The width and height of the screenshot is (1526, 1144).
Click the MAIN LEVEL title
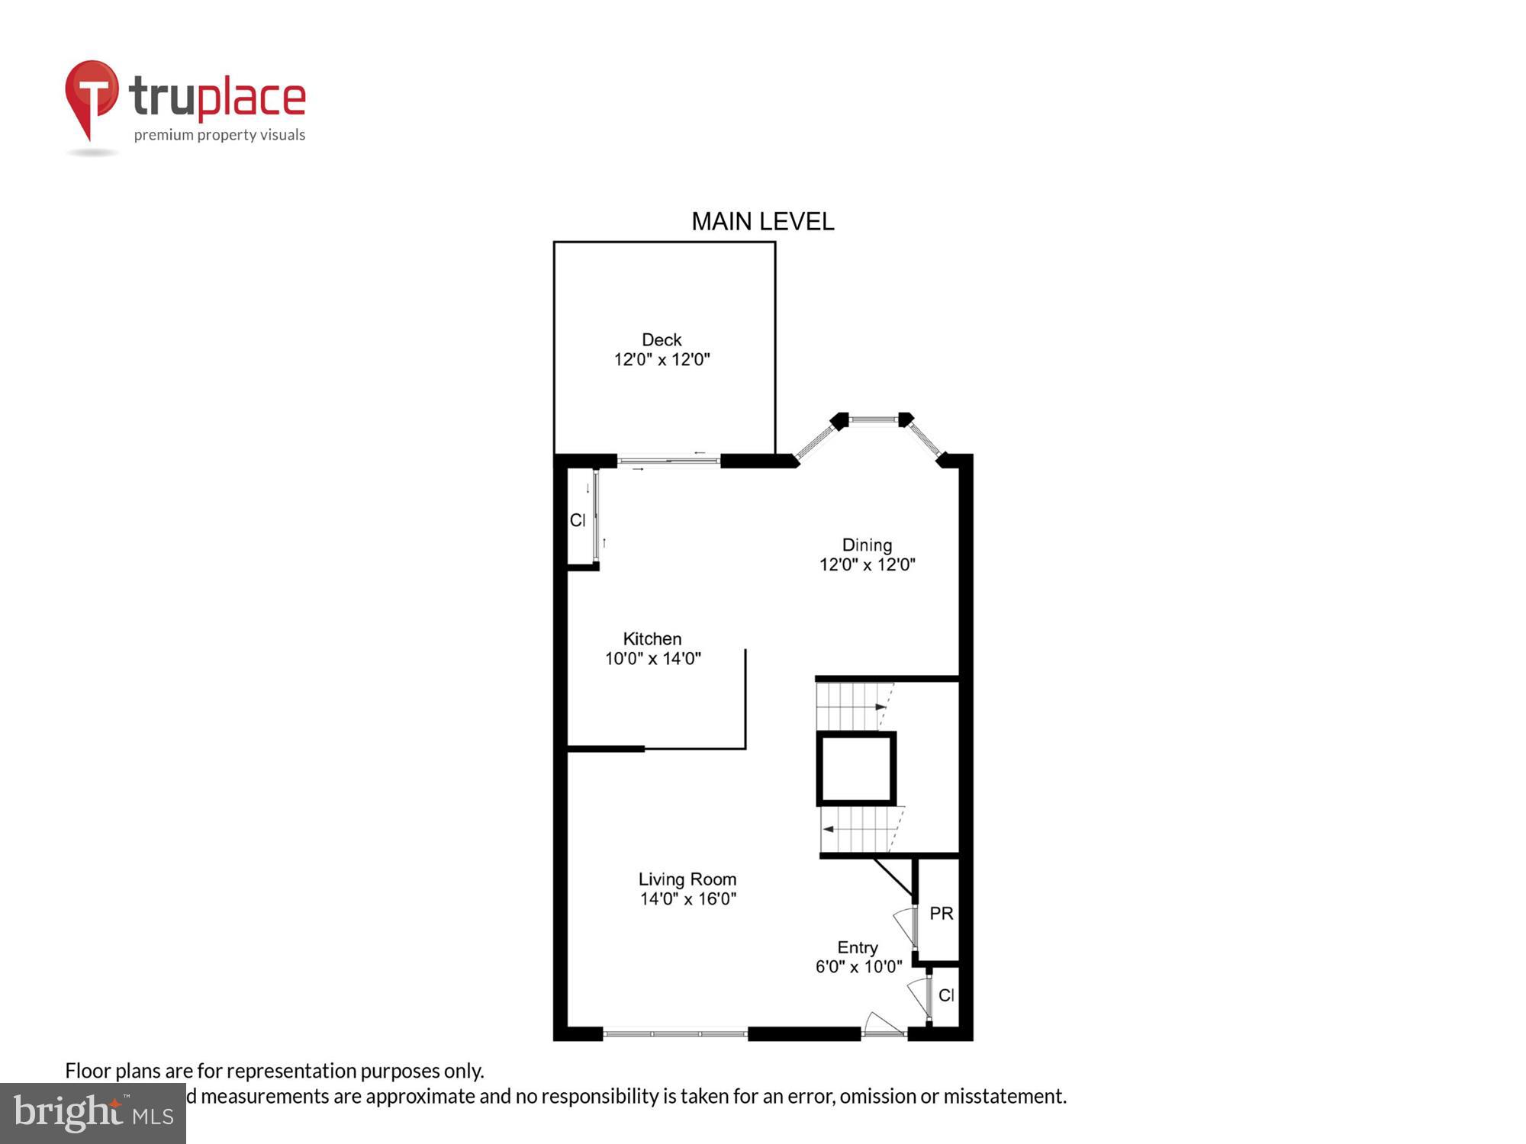coord(762,222)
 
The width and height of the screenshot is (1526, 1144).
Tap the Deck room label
coord(661,340)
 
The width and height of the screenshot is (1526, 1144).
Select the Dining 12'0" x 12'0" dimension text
coord(867,565)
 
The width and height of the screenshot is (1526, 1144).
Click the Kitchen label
coord(652,639)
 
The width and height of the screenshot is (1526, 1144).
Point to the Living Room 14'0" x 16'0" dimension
coord(687,899)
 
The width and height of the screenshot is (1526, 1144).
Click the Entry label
coord(857,948)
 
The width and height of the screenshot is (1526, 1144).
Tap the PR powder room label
coord(941,914)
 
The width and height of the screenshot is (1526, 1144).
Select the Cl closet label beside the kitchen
coord(578,520)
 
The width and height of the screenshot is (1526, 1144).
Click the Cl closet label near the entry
coord(946,995)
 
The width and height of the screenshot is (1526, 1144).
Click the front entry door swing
coord(881,1024)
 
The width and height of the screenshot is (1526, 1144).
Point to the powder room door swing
coord(906,924)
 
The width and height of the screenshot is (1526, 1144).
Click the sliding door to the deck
coord(668,460)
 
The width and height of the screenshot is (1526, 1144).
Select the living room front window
coord(675,1034)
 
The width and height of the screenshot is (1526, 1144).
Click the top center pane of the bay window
coord(872,419)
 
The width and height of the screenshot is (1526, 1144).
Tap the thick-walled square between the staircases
coord(856,769)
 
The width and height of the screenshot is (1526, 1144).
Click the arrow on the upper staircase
coord(881,707)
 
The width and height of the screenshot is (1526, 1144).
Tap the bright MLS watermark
coord(93,1113)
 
